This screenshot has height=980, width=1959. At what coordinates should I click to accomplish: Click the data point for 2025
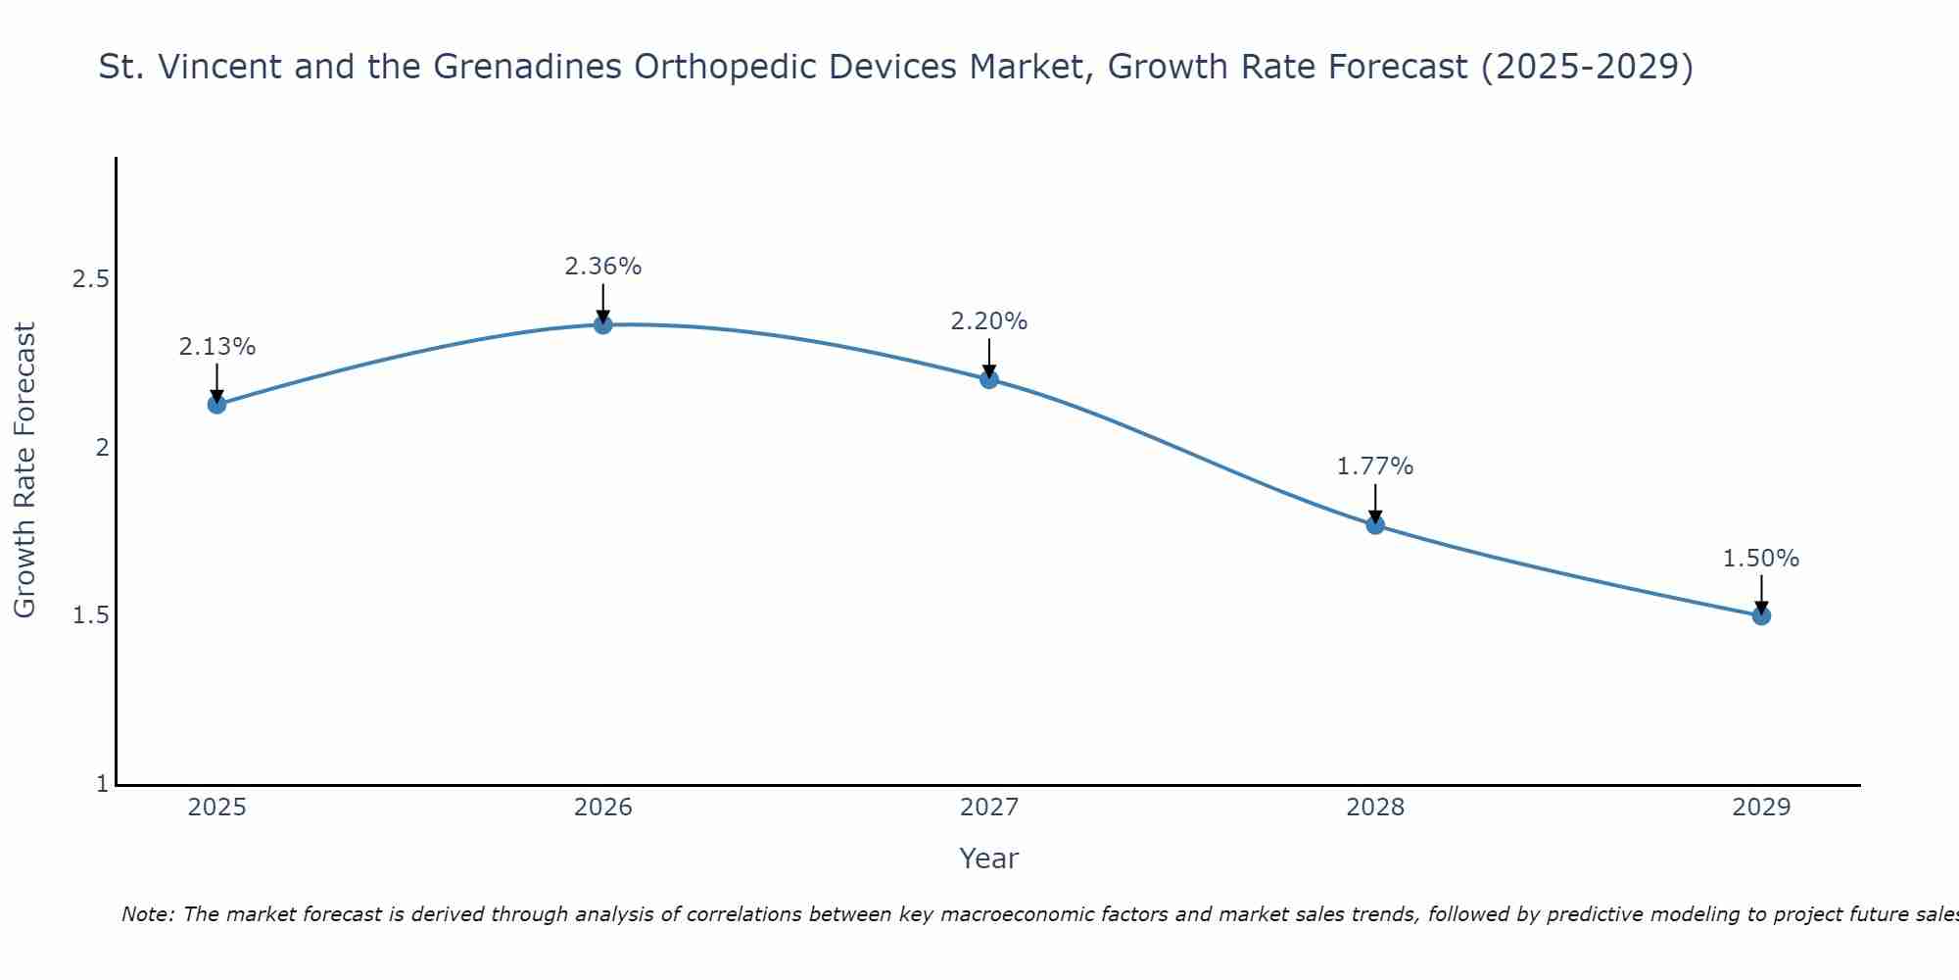(216, 404)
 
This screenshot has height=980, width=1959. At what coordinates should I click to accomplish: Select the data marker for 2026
(602, 324)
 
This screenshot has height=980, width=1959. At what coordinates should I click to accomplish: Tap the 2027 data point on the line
(988, 379)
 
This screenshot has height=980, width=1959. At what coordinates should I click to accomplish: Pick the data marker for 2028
(1374, 524)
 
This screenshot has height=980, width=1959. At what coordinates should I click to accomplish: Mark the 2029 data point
(1760, 615)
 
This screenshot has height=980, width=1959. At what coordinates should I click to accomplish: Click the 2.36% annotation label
(602, 267)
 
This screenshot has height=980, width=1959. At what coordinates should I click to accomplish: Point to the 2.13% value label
(216, 347)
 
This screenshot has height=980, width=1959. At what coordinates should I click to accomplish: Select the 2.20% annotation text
(988, 321)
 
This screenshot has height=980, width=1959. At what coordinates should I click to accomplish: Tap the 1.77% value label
(1374, 466)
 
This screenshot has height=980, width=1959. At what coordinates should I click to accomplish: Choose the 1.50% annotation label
(1760, 559)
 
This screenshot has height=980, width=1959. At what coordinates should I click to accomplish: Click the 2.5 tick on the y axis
(90, 279)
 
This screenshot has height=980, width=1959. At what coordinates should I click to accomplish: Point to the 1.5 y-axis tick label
(90, 615)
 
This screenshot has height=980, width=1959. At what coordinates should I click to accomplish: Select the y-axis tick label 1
(102, 784)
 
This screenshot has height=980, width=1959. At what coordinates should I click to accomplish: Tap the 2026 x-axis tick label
(602, 808)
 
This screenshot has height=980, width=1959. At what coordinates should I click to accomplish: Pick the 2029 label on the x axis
(1760, 808)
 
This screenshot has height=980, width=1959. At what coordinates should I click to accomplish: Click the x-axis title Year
(988, 858)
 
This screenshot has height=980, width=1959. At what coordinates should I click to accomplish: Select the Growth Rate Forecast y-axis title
(24, 470)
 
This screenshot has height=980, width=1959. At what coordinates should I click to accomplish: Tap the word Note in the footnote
(146, 914)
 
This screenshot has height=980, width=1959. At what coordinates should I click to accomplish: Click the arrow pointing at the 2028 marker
(1374, 502)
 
